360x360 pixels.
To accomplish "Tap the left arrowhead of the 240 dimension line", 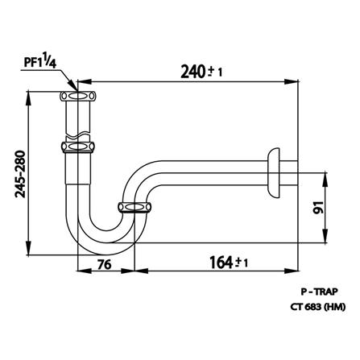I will (x=81, y=82).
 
